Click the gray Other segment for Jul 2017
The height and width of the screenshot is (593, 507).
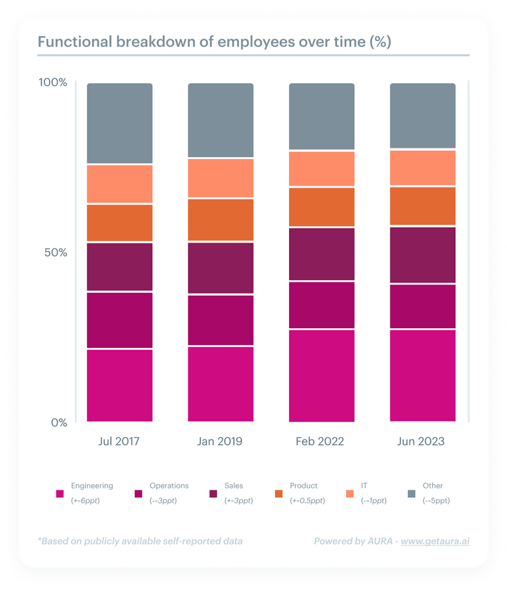(x=120, y=123)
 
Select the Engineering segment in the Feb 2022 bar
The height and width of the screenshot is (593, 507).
(x=321, y=375)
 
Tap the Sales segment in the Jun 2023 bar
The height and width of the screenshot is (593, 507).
(x=423, y=255)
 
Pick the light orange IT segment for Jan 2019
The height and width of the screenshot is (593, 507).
(x=221, y=178)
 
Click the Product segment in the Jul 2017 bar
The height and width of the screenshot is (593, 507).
(x=120, y=223)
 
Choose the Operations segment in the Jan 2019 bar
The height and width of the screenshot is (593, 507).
(x=221, y=320)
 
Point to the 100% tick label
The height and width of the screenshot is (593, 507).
(x=53, y=83)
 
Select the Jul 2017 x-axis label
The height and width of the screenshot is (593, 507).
(x=120, y=441)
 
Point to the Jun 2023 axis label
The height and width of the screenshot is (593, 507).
(x=421, y=441)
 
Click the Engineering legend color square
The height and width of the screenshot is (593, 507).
(x=60, y=494)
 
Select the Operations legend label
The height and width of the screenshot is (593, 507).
(x=169, y=486)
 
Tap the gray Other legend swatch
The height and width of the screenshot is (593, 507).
(x=411, y=494)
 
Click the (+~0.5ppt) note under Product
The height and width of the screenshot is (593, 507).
(x=307, y=501)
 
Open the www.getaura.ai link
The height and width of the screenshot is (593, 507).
(x=435, y=541)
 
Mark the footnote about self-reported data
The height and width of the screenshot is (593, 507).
(x=139, y=541)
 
